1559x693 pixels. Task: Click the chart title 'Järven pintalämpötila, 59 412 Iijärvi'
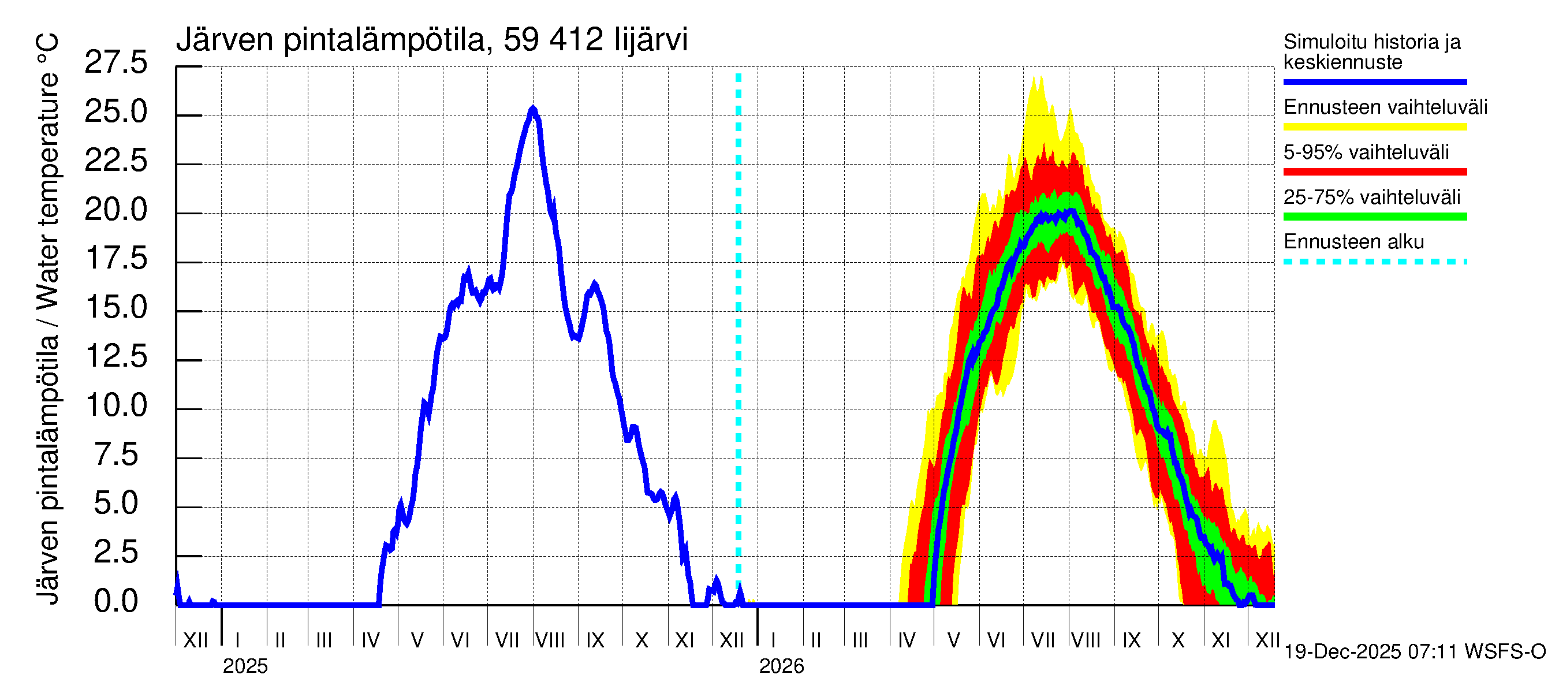point(431,40)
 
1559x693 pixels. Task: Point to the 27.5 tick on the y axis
point(115,62)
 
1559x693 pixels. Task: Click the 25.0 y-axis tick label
point(115,111)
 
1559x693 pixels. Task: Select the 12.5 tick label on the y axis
point(115,356)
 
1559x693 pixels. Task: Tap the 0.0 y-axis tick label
point(115,601)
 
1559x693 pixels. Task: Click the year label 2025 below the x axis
point(244,666)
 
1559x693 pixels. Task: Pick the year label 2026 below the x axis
point(781,666)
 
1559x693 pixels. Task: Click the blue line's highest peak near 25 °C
point(532,110)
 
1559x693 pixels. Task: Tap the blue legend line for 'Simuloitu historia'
point(1374,81)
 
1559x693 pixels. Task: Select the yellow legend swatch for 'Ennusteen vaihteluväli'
point(1374,126)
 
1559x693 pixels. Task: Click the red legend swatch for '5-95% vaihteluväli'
point(1374,172)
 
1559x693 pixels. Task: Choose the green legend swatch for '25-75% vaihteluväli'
point(1374,217)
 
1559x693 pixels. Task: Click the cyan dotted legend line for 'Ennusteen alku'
point(1374,262)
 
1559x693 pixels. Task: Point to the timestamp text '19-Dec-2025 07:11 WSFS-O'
point(1414,652)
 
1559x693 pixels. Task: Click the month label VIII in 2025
point(550,640)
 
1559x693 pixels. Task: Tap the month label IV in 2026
point(907,640)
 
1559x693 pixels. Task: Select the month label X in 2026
point(1178,640)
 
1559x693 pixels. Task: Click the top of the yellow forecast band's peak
point(1039,77)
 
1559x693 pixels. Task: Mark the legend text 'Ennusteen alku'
point(1354,242)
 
